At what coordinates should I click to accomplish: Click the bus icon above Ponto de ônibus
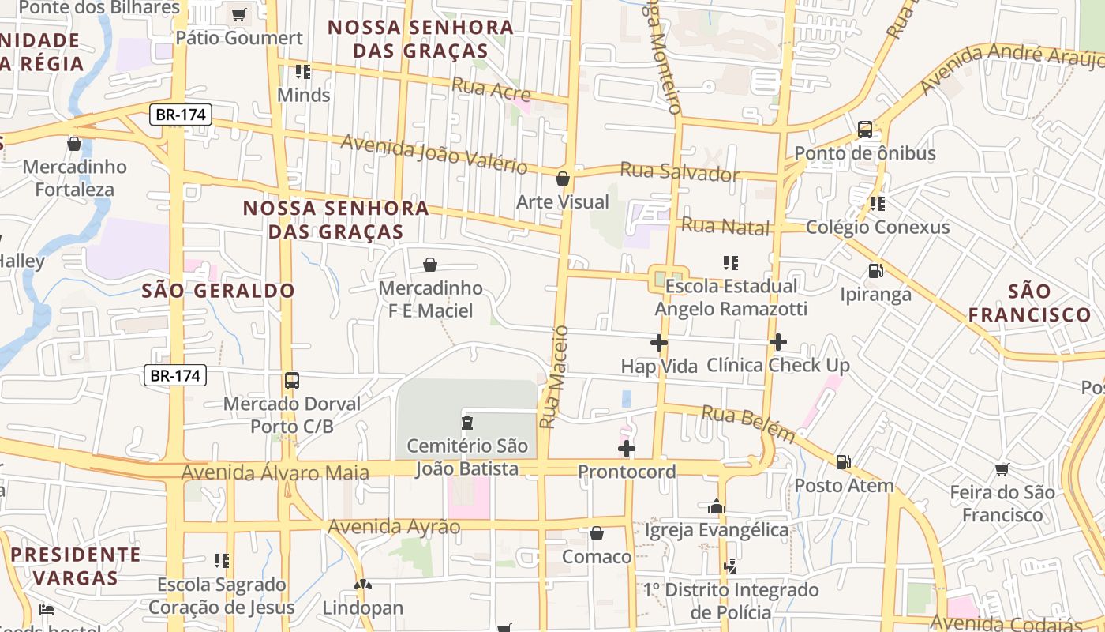[865, 130]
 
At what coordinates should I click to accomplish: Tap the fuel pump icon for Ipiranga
[875, 271]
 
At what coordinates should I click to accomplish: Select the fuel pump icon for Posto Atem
[843, 462]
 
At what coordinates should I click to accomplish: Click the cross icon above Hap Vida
[659, 343]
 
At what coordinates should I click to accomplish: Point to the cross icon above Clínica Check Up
[778, 342]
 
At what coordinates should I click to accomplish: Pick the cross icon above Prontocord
[627, 449]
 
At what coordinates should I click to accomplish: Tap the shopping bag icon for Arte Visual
[563, 179]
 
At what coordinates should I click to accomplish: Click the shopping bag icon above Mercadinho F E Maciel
[430, 265]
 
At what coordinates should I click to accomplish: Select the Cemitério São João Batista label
[467, 457]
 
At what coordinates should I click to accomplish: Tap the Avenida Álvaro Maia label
[275, 473]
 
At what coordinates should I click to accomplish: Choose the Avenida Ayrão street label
[394, 527]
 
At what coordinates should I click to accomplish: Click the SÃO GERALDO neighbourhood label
[218, 291]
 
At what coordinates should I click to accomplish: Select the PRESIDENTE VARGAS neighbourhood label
[76, 566]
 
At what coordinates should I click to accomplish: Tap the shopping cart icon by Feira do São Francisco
[1002, 470]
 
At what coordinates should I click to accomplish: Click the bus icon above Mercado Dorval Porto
[292, 381]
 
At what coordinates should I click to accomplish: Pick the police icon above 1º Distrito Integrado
[731, 566]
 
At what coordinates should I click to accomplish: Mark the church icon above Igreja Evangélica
[717, 506]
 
